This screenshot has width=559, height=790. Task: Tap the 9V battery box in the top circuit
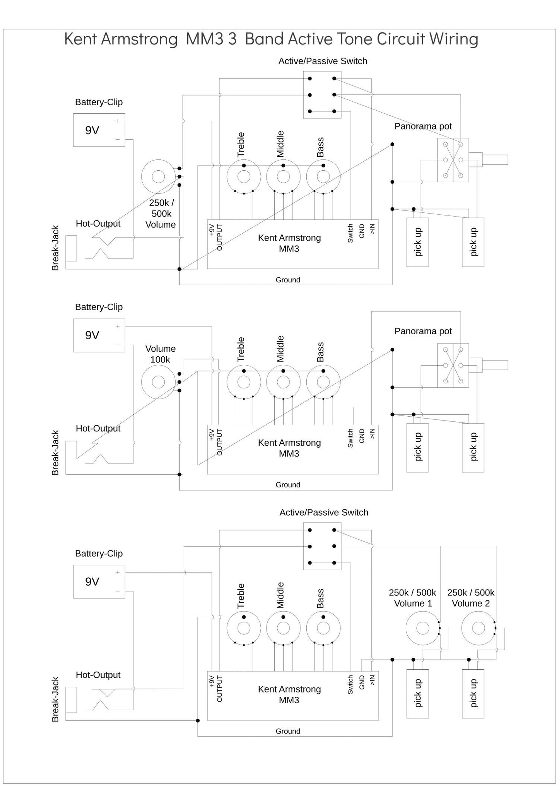(99, 130)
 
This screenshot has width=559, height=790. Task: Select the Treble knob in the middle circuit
(244, 382)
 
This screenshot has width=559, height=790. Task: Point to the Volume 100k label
(160, 354)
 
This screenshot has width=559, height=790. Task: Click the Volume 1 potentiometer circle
(422, 628)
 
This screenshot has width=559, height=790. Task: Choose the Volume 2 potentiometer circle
(478, 628)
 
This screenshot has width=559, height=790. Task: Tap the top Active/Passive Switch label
(323, 61)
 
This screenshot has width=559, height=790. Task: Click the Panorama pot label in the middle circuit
(423, 331)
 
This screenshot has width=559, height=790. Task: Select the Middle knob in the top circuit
(283, 177)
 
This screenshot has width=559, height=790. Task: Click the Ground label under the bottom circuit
(288, 731)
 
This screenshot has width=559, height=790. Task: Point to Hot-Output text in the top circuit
(98, 224)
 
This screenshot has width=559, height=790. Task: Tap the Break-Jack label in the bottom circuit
(55, 699)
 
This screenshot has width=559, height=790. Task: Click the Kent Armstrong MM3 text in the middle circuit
(289, 448)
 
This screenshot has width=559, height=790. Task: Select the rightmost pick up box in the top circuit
(473, 242)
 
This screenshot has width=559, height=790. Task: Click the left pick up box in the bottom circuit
(417, 694)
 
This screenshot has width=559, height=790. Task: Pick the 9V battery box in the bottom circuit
(99, 581)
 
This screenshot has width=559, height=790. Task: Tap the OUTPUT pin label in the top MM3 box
(220, 238)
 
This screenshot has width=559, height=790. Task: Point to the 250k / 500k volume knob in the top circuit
(158, 177)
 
